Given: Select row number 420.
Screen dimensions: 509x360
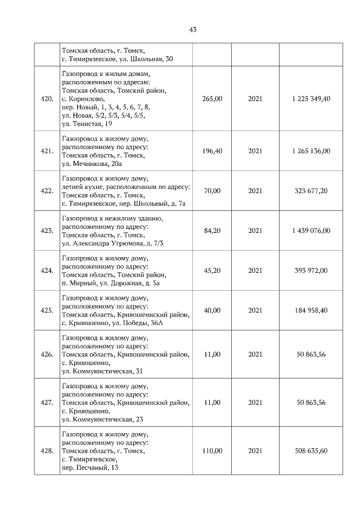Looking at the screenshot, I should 47,98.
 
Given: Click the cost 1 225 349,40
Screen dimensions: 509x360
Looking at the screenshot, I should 311,98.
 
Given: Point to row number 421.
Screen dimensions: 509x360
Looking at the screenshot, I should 47,151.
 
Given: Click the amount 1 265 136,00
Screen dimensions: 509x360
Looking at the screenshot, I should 311,151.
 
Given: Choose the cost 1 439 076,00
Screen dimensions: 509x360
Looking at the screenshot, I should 311,230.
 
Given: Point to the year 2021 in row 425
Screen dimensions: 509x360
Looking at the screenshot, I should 255,310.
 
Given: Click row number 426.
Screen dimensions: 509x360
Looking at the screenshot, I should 47,354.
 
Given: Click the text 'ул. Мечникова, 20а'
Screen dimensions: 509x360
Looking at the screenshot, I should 92,164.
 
